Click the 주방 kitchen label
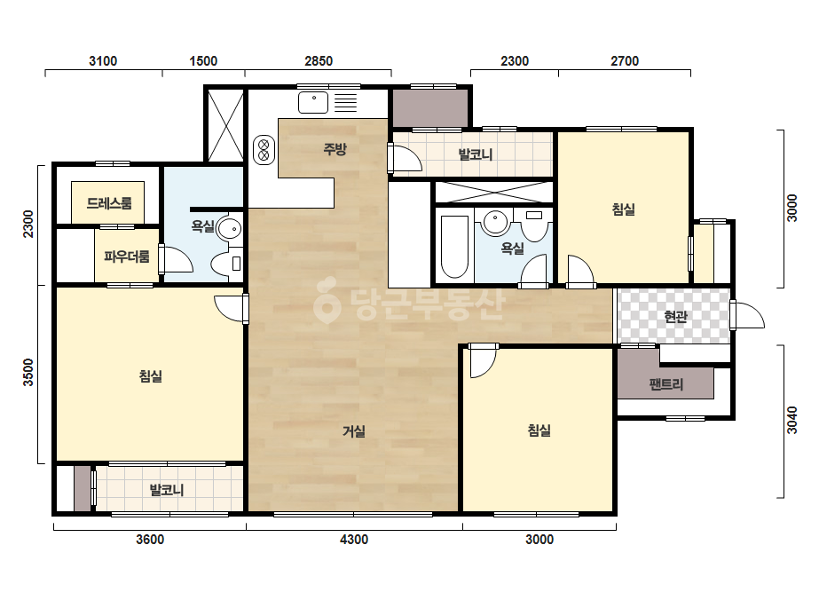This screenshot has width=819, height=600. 335,149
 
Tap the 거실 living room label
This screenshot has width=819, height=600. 354,431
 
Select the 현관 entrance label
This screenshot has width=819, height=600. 675,316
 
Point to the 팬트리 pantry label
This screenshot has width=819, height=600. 666,384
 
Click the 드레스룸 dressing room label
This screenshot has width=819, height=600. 109,202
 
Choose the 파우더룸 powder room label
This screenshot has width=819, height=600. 127,257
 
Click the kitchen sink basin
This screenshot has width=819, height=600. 313,102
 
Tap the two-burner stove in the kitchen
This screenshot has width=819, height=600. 264,149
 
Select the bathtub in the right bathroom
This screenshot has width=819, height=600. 454,247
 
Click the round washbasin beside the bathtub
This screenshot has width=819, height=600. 495,222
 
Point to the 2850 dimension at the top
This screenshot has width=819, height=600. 319,61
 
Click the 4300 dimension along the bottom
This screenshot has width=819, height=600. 354,540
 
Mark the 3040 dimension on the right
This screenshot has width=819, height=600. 792,420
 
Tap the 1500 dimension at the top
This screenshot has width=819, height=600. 203,61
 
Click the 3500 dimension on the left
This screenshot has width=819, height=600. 28,372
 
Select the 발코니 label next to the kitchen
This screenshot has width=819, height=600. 476,154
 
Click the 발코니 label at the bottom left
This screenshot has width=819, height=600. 167,490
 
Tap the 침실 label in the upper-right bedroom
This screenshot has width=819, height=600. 623,209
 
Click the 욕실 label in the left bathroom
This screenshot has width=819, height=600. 202,226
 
